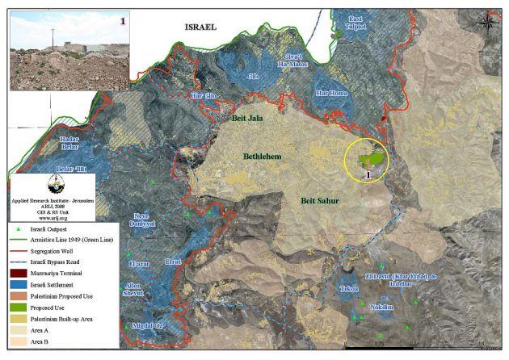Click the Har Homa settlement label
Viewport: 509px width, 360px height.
pyautogui.click(x=332, y=94)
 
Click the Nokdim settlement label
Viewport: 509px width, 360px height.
pyautogui.click(x=381, y=307)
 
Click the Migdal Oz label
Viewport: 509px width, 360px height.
pyautogui.click(x=148, y=326)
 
